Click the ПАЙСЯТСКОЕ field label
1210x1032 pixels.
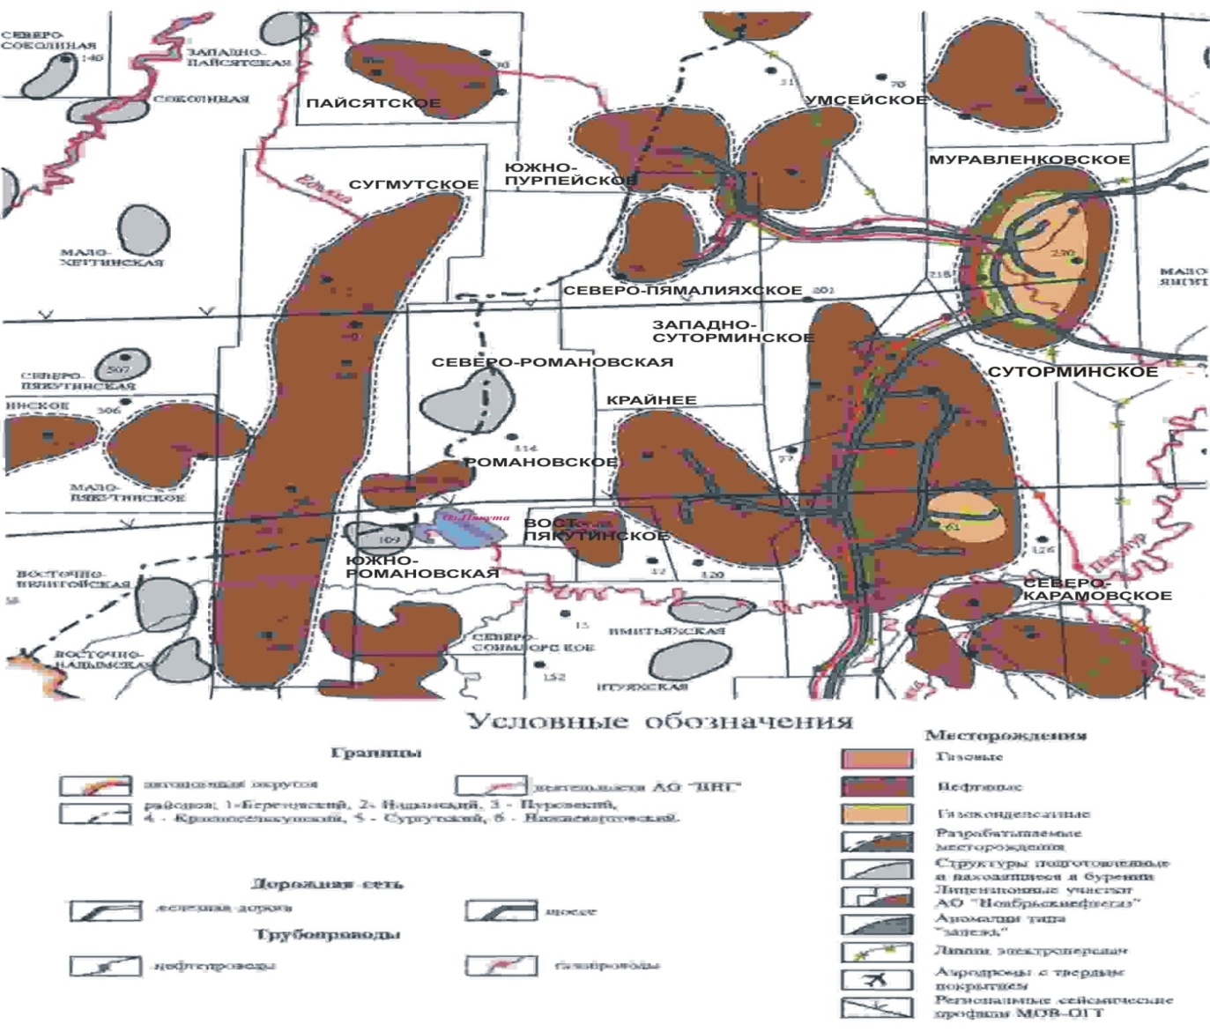pyautogui.click(x=373, y=104)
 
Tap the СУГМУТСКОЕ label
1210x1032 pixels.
pyautogui.click(x=413, y=185)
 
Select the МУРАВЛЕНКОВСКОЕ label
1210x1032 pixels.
pyautogui.click(x=1028, y=160)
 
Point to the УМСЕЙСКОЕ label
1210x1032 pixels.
pyautogui.click(x=866, y=100)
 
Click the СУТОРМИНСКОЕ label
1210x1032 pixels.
pyautogui.click(x=1073, y=372)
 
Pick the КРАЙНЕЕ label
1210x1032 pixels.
pyautogui.click(x=651, y=400)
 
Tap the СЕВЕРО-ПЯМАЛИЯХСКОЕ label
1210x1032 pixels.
pyautogui.click(x=682, y=291)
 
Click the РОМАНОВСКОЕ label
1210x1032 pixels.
pyautogui.click(x=539, y=463)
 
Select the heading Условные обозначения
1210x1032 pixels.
pyautogui.click(x=659, y=722)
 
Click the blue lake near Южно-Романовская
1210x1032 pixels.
pyautogui.click(x=465, y=525)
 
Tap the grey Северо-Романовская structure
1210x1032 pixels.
pyautogui.click(x=469, y=402)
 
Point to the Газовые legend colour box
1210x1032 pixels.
pyautogui.click(x=876, y=758)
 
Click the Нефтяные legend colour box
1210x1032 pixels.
pyautogui.click(x=876, y=786)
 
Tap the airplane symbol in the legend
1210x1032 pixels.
pyautogui.click(x=876, y=980)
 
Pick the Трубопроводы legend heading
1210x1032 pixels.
pyautogui.click(x=327, y=934)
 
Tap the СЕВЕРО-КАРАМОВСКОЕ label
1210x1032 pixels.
pyautogui.click(x=1096, y=590)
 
